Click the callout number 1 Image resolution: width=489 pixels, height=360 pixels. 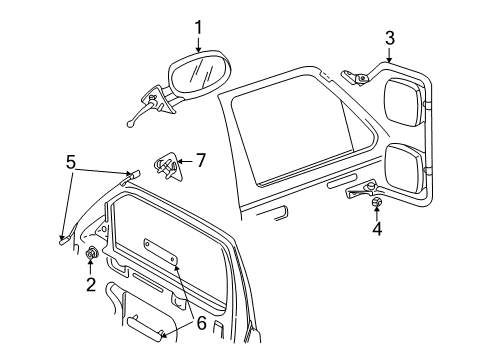point(198,27)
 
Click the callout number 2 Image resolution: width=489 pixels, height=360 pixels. point(90,285)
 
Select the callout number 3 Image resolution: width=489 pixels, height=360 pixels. point(390,38)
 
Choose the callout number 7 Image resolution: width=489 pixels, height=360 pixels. point(200,159)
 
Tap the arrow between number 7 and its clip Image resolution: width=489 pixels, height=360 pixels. point(185,160)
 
